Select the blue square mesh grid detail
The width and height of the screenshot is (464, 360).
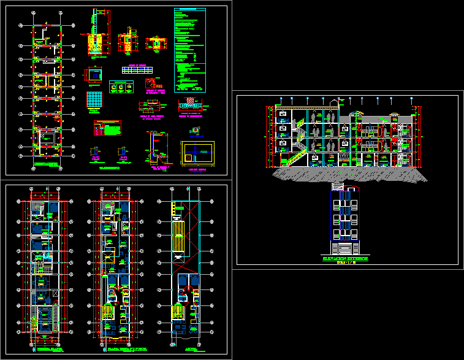click(x=94, y=100)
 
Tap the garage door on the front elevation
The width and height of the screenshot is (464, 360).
click(x=346, y=249)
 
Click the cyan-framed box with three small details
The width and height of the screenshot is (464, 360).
click(x=121, y=87)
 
